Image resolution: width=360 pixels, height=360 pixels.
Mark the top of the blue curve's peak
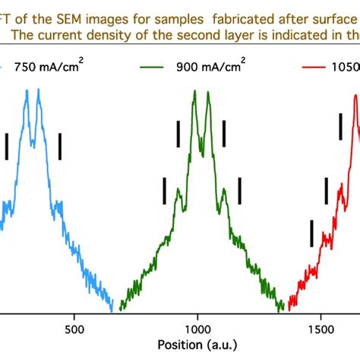(27, 90)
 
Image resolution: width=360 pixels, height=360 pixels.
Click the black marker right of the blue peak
(60, 146)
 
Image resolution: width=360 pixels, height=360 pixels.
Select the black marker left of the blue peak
(7, 146)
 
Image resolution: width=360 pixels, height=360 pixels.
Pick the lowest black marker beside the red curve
(311, 233)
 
